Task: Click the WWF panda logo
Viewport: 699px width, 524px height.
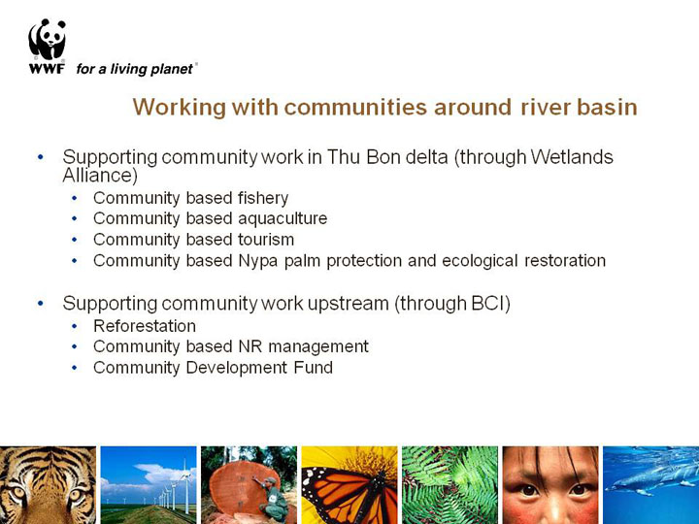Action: pos(47,40)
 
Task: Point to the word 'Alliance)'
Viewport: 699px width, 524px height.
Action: pos(100,175)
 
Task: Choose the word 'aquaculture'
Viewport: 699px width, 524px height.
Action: pos(283,218)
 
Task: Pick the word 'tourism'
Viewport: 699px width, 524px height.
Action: pos(266,240)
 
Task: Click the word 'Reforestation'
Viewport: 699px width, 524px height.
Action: pos(145,326)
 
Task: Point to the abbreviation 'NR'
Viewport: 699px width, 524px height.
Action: pos(250,346)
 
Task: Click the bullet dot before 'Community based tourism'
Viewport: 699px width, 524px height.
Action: pos(74,240)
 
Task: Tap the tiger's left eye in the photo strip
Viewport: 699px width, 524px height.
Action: pos(17,493)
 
